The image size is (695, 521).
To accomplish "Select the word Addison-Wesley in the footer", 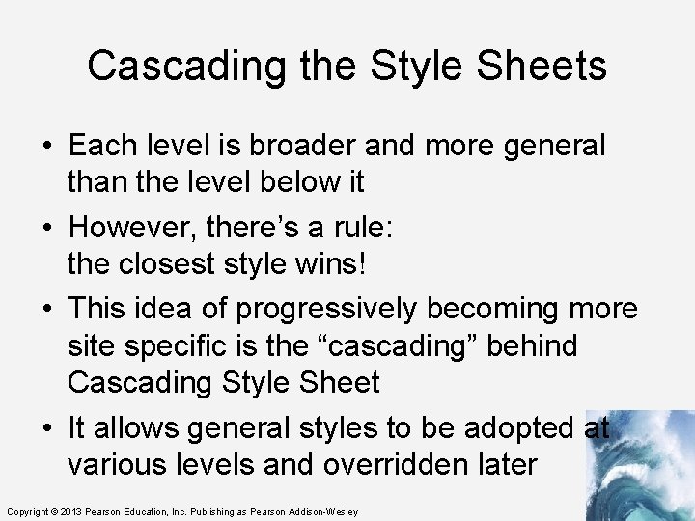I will pos(322,511).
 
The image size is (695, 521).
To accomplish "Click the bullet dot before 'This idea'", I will pos(47,310).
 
